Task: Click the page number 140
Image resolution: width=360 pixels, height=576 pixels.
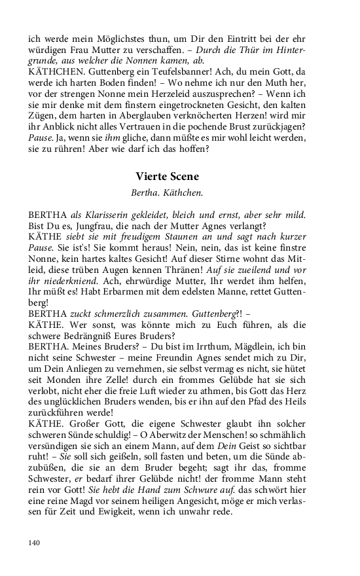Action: tap(34, 541)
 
